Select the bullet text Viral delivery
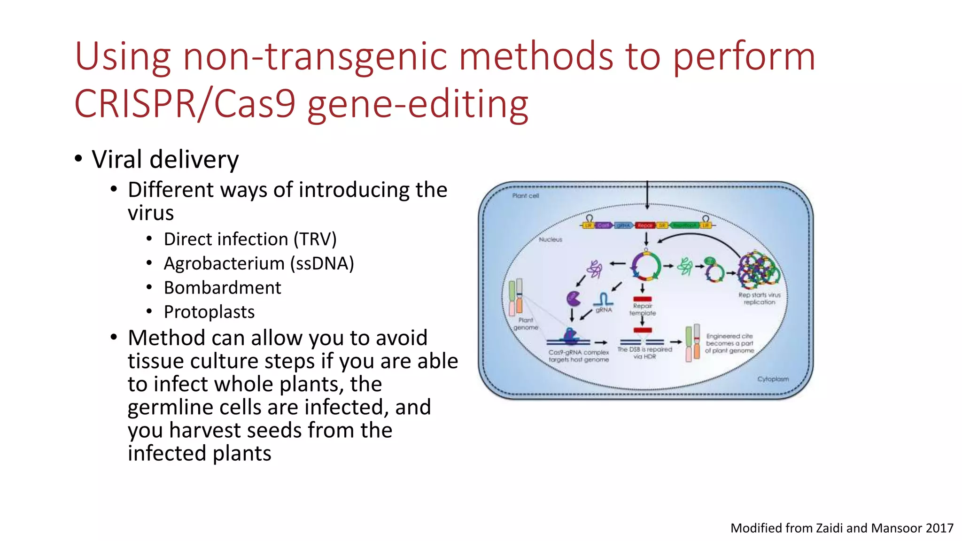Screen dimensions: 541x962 pyautogui.click(x=165, y=160)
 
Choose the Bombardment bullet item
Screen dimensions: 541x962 pyautogui.click(x=222, y=288)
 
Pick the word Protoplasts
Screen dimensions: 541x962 pyautogui.click(x=209, y=312)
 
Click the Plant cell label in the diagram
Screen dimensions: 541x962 pyautogui.click(x=525, y=196)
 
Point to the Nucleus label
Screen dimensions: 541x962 pyautogui.click(x=550, y=240)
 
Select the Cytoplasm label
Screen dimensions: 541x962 pyautogui.click(x=773, y=379)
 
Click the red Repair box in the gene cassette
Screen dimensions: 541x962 pyautogui.click(x=645, y=225)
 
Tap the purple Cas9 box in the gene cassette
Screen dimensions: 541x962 pyautogui.click(x=603, y=225)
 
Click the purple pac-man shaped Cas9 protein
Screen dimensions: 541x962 pyautogui.click(x=573, y=298)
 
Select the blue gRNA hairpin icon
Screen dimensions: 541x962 pyautogui.click(x=603, y=299)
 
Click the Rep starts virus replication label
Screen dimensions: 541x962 pyautogui.click(x=759, y=299)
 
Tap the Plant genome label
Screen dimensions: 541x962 pyautogui.click(x=526, y=324)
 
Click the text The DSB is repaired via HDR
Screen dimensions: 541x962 pyautogui.click(x=644, y=353)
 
